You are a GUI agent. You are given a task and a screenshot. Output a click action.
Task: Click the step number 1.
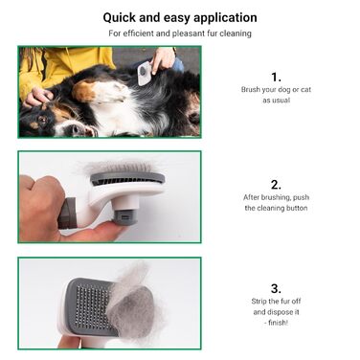click(276, 78)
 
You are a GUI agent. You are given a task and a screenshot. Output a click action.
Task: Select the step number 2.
click(276, 185)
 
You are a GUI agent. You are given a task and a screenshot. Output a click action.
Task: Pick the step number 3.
click(276, 288)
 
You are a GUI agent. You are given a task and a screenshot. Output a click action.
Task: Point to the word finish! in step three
click(279, 323)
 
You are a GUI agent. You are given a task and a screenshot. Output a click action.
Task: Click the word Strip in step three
click(259, 302)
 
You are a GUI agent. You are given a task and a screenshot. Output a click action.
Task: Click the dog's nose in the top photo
click(76, 128)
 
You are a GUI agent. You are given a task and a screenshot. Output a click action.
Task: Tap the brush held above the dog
click(145, 74)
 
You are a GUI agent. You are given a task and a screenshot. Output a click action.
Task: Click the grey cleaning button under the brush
click(125, 217)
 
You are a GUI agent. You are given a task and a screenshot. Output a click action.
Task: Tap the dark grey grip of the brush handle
click(67, 214)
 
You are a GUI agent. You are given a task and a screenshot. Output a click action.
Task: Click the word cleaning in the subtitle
click(236, 34)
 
